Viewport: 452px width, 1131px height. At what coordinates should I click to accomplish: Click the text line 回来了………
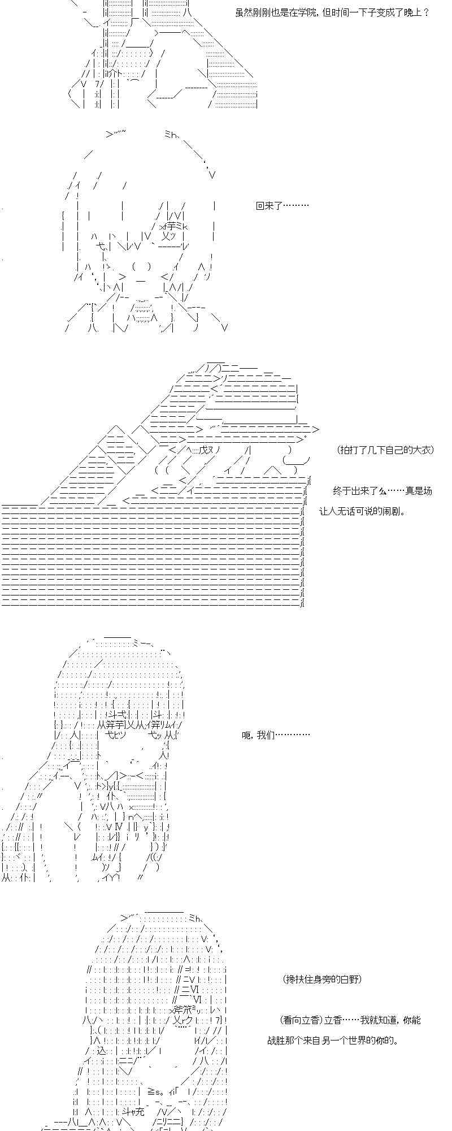coord(282,206)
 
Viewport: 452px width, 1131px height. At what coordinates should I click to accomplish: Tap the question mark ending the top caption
coord(426,12)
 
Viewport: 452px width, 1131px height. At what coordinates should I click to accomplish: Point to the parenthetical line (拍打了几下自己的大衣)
coord(385,450)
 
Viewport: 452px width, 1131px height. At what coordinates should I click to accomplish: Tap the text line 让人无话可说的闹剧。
coord(363,511)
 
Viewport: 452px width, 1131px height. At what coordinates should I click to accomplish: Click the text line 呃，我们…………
coord(276,735)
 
